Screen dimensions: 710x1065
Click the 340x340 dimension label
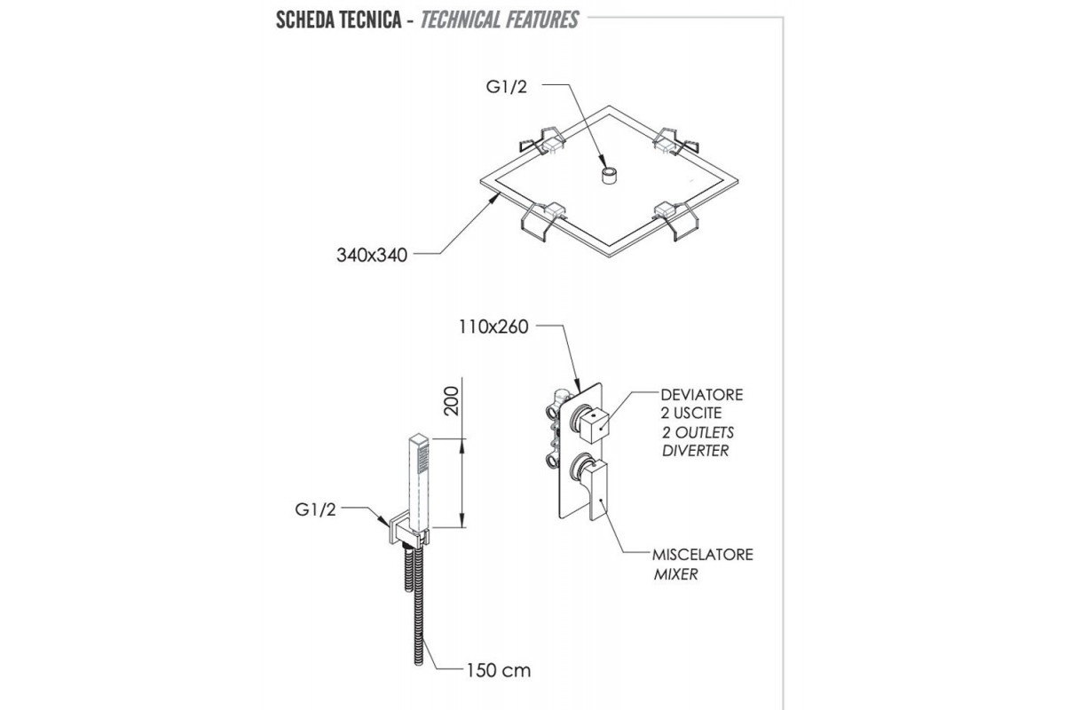(x=371, y=256)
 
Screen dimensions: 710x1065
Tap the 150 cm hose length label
(x=498, y=670)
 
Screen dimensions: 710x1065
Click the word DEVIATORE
(x=702, y=394)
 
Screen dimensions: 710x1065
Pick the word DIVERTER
(x=695, y=451)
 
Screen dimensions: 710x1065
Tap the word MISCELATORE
(x=702, y=555)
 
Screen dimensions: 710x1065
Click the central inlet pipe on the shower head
(x=609, y=175)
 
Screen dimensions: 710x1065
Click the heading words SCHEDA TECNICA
(x=340, y=20)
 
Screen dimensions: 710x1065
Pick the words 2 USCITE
(x=691, y=414)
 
